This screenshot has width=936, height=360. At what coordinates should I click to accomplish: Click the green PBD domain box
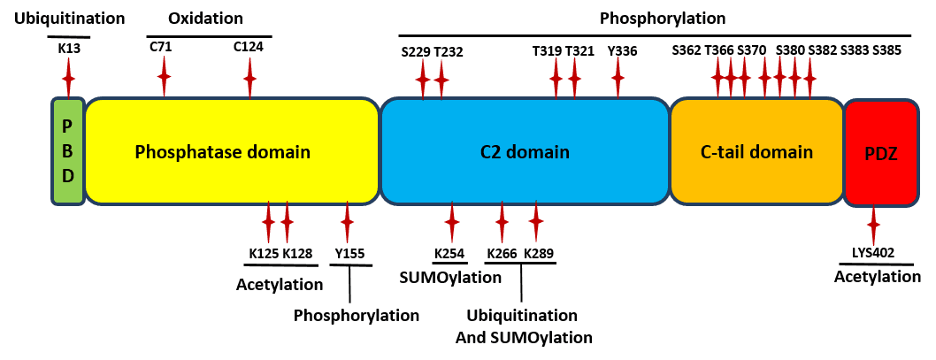[x=67, y=151]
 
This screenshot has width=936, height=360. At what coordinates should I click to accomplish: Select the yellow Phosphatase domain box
[x=232, y=152]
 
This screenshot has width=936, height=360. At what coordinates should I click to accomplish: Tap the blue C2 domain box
[x=525, y=152]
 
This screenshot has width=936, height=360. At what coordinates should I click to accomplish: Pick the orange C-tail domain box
[x=756, y=152]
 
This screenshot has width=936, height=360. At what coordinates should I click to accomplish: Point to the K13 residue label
[x=68, y=48]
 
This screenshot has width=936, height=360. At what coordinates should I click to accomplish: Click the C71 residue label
[x=161, y=47]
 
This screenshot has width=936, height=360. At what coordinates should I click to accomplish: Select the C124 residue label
[x=248, y=47]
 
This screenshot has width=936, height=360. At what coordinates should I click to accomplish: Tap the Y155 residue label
[x=349, y=254]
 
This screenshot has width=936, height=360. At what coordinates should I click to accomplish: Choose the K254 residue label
[x=449, y=254]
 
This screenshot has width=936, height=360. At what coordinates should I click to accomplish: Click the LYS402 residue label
[x=873, y=253]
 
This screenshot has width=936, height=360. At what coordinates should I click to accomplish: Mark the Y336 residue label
[x=622, y=50]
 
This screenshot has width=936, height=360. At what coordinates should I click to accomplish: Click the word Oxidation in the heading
[x=205, y=19]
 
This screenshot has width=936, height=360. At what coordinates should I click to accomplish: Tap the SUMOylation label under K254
[x=450, y=278]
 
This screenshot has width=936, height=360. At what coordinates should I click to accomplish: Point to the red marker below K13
[x=68, y=79]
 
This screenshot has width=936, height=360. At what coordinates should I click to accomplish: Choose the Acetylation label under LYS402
[x=878, y=277]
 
